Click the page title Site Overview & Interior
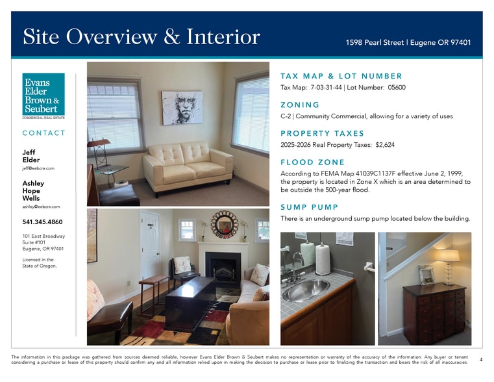coord(141,36)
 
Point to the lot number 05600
coord(396,88)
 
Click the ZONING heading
coord(299,105)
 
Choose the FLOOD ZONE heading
coord(312,162)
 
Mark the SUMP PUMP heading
coord(309,207)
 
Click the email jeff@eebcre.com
coord(38,168)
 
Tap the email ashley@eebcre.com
coord(41,207)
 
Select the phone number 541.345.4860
coord(42,222)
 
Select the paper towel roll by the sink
coord(322,259)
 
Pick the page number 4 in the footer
coord(480,359)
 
